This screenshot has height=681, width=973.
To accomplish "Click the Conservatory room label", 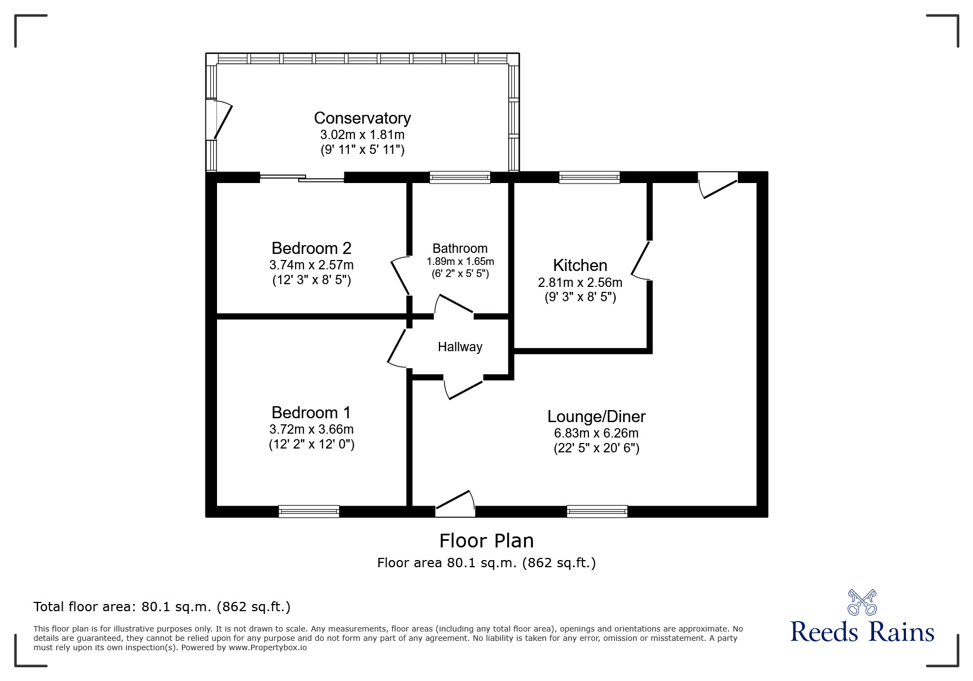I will pyautogui.click(x=362, y=118).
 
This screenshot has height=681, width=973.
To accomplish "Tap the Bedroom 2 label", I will pyautogui.click(x=311, y=248).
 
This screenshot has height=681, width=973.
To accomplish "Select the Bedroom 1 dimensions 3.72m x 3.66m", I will pyautogui.click(x=311, y=429).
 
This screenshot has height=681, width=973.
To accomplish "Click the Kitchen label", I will pyautogui.click(x=580, y=265).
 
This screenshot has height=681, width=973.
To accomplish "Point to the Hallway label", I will pyautogui.click(x=460, y=347).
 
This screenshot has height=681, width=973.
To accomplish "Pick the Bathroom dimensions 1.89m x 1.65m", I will pyautogui.click(x=460, y=262).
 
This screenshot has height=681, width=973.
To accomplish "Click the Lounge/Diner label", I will pyautogui.click(x=596, y=417).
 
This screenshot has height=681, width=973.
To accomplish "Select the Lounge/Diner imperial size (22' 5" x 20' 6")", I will pyautogui.click(x=596, y=448).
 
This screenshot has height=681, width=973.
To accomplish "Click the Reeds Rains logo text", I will pyautogui.click(x=862, y=632).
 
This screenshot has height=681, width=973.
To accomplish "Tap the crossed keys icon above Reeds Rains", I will pyautogui.click(x=862, y=602).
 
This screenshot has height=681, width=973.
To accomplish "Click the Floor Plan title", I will pyautogui.click(x=486, y=541).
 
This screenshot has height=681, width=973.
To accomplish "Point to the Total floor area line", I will pyautogui.click(x=162, y=607).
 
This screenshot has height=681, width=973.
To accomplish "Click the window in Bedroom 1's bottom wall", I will pyautogui.click(x=309, y=512).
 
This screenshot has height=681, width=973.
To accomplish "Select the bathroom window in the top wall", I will pyautogui.click(x=460, y=177).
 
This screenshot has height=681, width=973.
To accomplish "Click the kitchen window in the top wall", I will pyautogui.click(x=590, y=177).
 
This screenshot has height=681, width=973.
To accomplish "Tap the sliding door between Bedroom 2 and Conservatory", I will pyautogui.click(x=302, y=178).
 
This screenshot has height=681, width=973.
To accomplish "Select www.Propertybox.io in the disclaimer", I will pyautogui.click(x=268, y=647).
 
